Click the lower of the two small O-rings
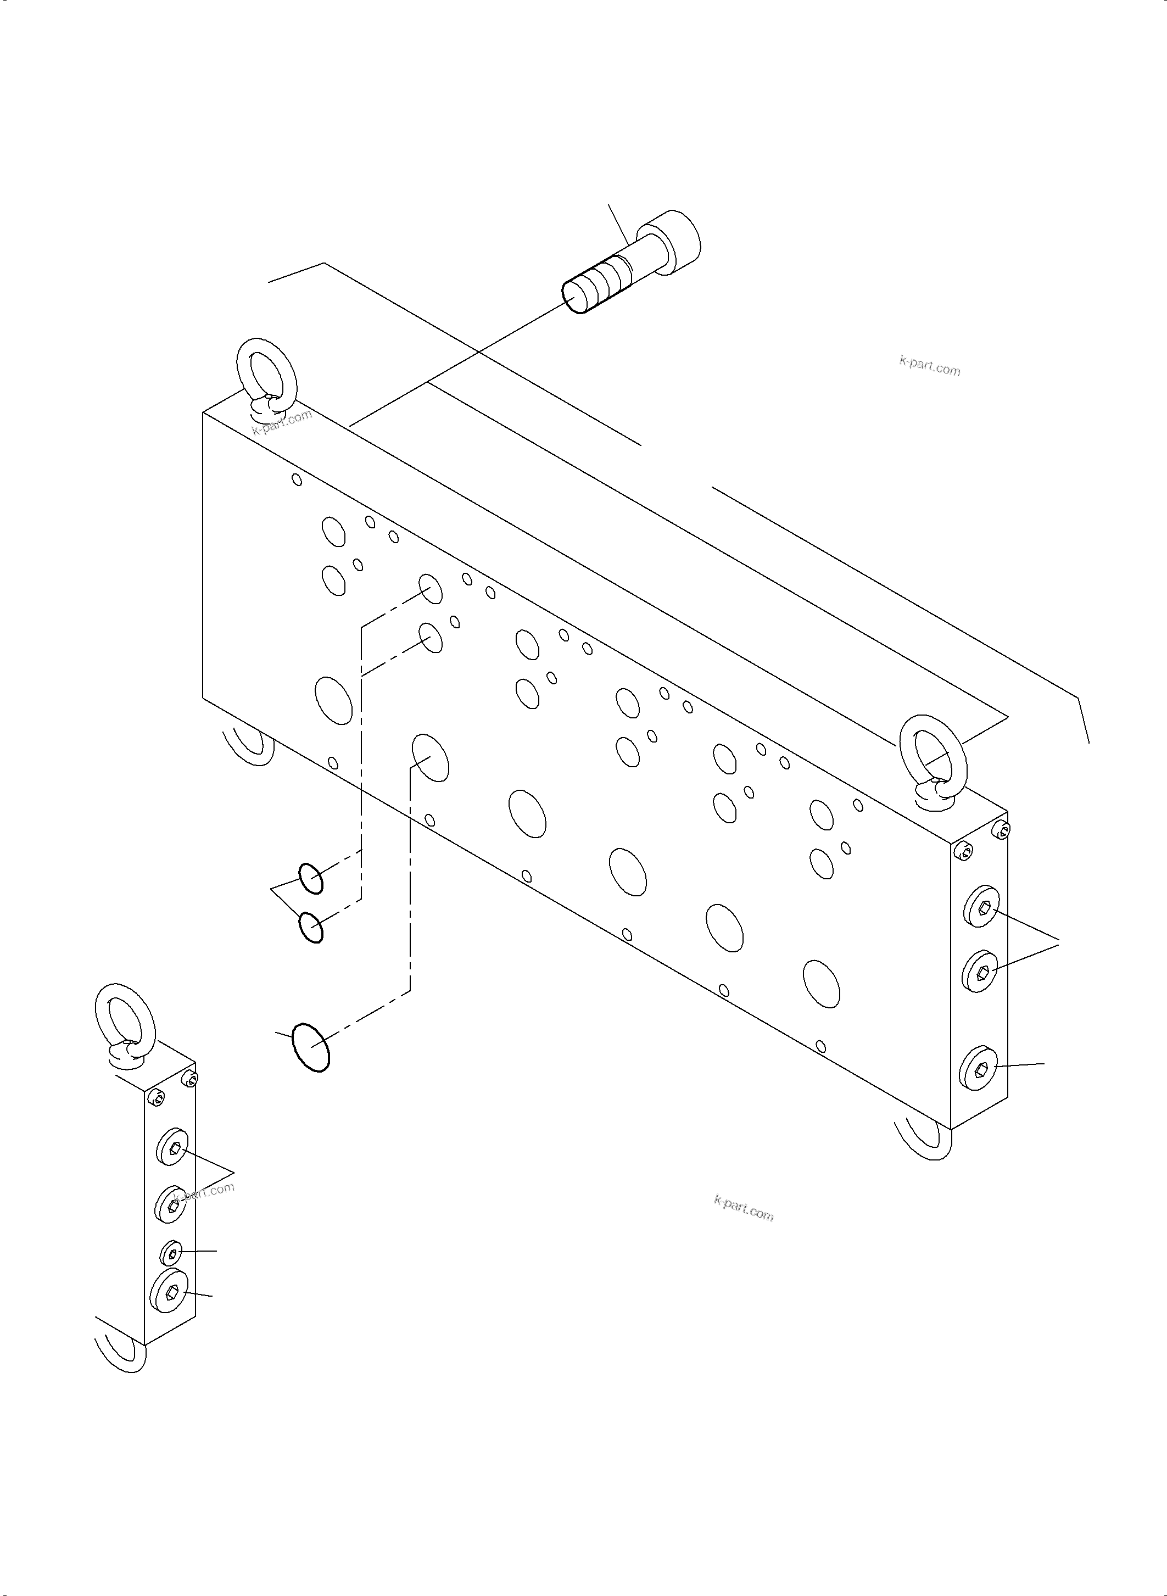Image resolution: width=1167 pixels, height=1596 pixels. click(311, 927)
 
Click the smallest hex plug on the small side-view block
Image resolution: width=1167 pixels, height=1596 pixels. click(172, 1253)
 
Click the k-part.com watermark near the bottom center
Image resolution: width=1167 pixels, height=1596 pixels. click(744, 1208)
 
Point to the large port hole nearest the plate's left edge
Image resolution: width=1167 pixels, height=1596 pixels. click(334, 700)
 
